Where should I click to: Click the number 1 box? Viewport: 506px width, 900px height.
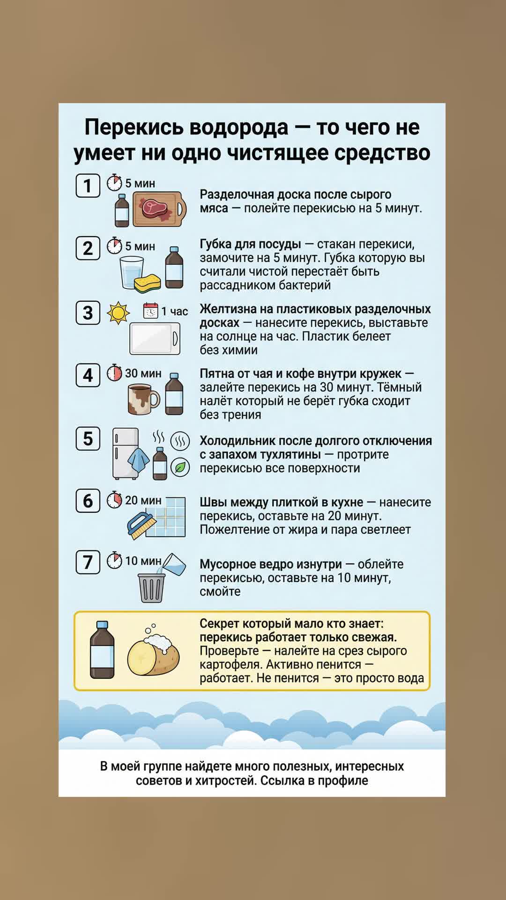[x=88, y=186]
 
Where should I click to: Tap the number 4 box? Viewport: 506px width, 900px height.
[x=88, y=375]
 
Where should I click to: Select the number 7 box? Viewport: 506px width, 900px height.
[x=88, y=562]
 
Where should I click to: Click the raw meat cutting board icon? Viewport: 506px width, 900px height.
[x=160, y=209]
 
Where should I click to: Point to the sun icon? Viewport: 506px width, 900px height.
[x=118, y=313]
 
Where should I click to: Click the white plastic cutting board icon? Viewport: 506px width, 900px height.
[x=155, y=338]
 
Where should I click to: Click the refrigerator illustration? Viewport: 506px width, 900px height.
[x=125, y=453]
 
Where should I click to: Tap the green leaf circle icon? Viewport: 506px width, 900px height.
[x=180, y=467]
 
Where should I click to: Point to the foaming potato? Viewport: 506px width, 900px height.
[x=154, y=651]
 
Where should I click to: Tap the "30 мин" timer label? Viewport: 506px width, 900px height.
[x=143, y=373]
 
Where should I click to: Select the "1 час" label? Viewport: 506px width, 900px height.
[x=174, y=311]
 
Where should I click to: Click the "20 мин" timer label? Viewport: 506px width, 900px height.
[x=143, y=500]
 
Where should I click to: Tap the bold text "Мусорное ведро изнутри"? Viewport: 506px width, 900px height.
[x=271, y=564]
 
